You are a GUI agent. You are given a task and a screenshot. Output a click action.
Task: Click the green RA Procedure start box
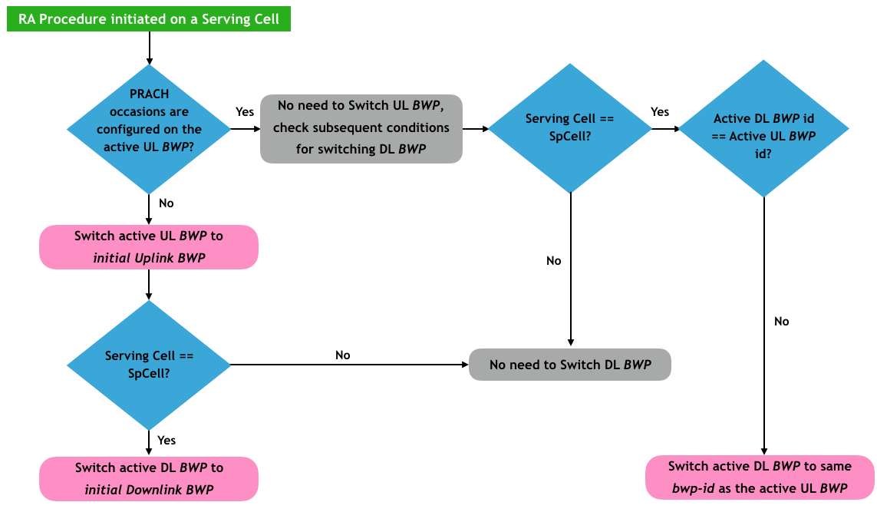(x=149, y=19)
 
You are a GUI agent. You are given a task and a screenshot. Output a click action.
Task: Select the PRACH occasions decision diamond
(x=149, y=129)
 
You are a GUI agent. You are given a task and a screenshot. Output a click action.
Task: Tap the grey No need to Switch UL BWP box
(x=361, y=128)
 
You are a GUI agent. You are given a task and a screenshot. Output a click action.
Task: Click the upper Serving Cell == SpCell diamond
(x=570, y=128)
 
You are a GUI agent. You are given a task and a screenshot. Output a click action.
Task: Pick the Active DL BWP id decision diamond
(x=764, y=128)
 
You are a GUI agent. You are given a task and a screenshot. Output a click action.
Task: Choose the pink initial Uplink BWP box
(x=149, y=247)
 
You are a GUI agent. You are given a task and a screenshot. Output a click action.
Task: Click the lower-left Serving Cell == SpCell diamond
(x=149, y=365)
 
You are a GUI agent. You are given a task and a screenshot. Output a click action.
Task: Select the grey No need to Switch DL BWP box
(x=570, y=365)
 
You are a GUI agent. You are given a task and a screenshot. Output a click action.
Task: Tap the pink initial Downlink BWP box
(x=149, y=478)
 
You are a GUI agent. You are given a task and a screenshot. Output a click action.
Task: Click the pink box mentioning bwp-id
(x=760, y=477)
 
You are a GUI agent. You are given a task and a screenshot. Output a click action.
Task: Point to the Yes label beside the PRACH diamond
(x=245, y=112)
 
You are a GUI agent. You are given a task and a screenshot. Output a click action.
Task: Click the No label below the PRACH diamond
(x=166, y=203)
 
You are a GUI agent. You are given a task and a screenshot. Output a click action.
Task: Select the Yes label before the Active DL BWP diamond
(x=660, y=112)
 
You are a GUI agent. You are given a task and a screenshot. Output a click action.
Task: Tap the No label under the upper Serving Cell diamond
(x=554, y=261)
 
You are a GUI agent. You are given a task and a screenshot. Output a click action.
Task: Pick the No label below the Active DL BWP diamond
(x=782, y=322)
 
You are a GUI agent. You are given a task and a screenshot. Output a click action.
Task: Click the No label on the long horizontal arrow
(x=343, y=355)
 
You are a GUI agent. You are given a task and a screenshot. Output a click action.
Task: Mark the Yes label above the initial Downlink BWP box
(x=166, y=440)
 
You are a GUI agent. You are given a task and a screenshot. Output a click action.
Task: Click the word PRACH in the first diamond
(x=149, y=94)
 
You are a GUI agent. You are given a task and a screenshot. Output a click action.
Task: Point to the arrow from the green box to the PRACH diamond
(x=149, y=48)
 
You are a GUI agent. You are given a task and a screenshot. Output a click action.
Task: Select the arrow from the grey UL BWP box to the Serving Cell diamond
(x=476, y=129)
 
